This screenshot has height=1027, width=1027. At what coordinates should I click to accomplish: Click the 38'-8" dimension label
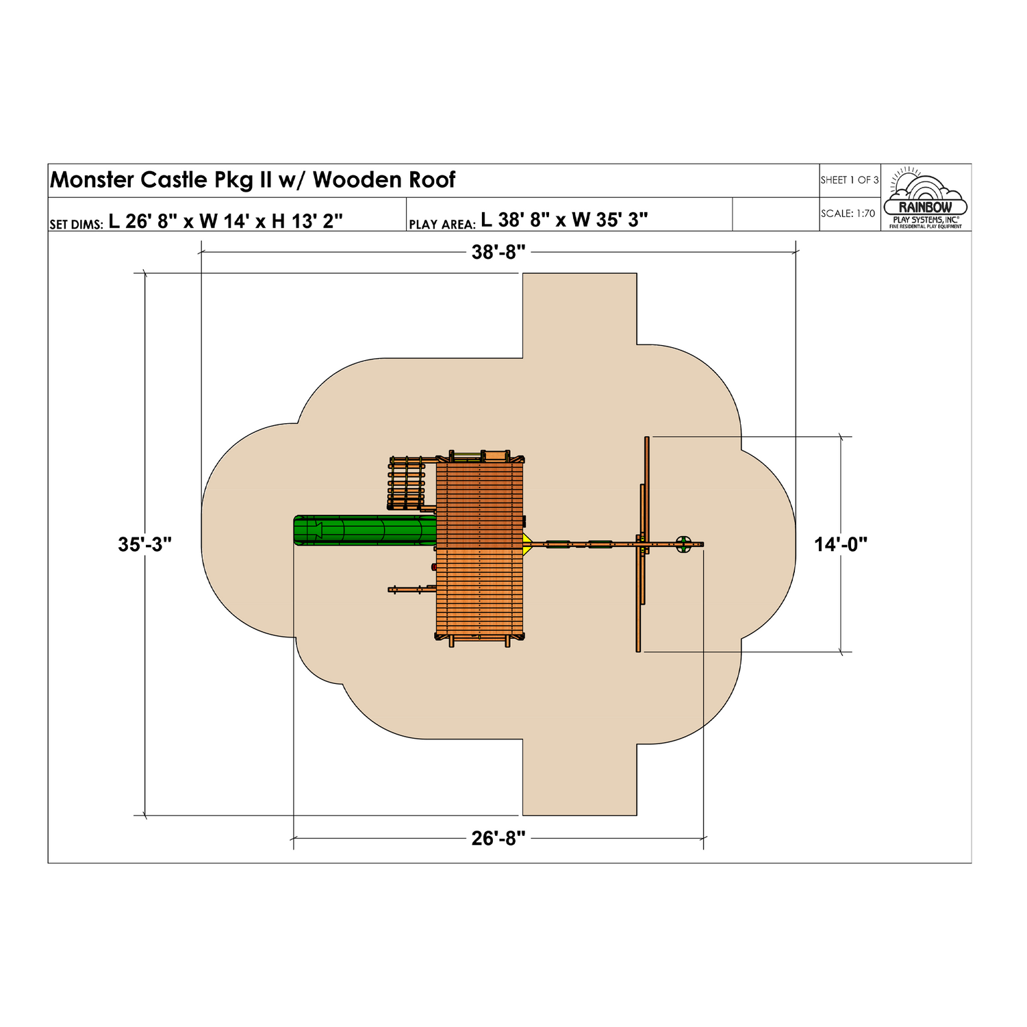click(498, 253)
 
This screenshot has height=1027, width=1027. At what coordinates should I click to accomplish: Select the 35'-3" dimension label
click(144, 545)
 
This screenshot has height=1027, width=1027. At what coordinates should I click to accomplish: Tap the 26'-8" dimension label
click(498, 838)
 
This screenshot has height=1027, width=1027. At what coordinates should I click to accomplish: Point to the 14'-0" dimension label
click(841, 545)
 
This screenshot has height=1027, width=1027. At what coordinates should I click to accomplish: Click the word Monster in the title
click(92, 180)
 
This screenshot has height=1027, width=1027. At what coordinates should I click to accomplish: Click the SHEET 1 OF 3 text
click(849, 180)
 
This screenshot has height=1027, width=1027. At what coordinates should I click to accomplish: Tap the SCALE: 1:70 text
click(848, 214)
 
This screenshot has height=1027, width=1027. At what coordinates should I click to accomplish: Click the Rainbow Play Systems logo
click(926, 198)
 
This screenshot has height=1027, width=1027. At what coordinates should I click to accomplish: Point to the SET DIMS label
click(76, 224)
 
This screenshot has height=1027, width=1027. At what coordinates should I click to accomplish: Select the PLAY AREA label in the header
click(442, 224)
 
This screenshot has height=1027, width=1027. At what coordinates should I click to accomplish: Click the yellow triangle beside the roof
click(527, 545)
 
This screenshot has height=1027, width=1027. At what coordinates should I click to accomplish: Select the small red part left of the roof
click(433, 567)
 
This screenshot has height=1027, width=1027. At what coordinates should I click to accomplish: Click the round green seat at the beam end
click(683, 545)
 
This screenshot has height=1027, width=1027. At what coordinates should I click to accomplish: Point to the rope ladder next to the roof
click(407, 483)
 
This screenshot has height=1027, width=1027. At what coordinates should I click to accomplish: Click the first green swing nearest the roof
click(557, 545)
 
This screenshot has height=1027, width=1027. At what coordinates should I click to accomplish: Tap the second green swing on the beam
click(600, 545)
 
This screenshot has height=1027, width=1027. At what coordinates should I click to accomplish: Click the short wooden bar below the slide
click(411, 589)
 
